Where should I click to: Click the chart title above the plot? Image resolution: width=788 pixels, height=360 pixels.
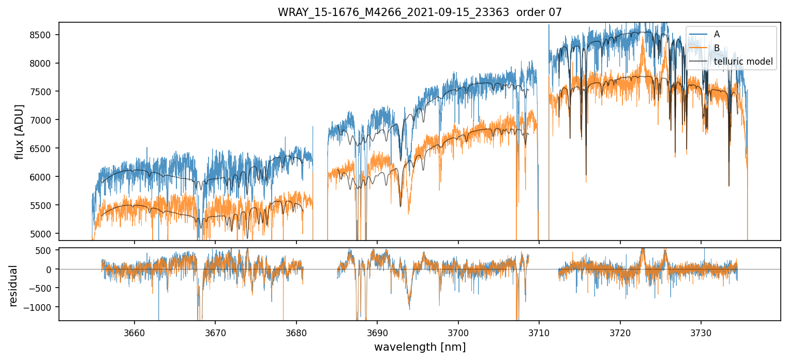click(x=420, y=12)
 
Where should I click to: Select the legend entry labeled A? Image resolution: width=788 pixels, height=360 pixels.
click(x=717, y=34)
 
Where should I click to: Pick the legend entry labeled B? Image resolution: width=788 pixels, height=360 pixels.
click(x=717, y=48)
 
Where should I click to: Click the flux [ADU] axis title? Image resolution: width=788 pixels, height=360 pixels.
click(x=20, y=131)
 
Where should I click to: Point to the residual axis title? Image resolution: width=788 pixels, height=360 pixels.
click(x=13, y=286)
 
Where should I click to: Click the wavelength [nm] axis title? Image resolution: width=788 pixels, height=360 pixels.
click(x=420, y=347)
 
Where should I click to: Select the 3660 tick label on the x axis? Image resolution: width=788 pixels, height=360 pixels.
click(x=135, y=332)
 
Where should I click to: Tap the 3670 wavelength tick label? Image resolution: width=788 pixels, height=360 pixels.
click(x=215, y=332)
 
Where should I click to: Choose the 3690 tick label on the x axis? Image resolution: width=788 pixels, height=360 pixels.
click(x=377, y=332)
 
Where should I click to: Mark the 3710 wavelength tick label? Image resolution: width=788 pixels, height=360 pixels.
click(x=539, y=332)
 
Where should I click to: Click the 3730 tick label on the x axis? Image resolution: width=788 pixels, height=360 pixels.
click(x=701, y=332)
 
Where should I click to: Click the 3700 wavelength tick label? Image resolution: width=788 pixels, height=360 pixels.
click(x=458, y=332)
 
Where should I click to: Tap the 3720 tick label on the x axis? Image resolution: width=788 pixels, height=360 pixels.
click(x=620, y=332)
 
